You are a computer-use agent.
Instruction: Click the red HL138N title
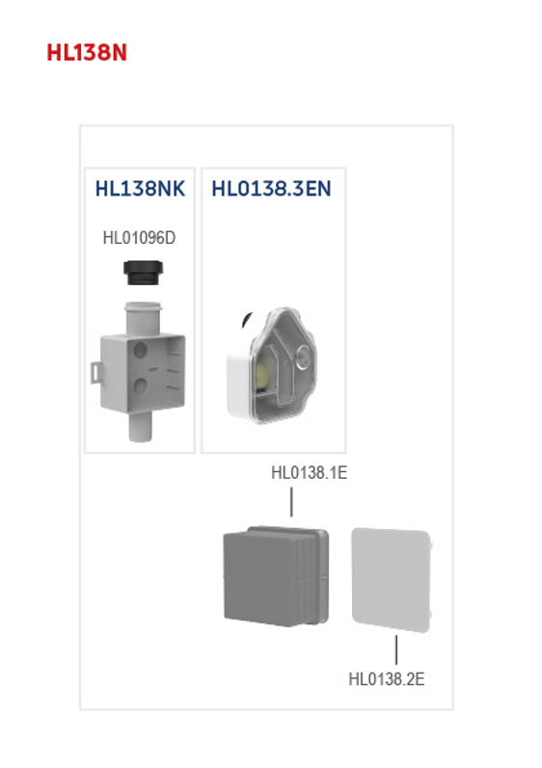point(87,52)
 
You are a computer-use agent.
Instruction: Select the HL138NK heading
point(140,188)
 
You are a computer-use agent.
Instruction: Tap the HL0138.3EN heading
point(271,188)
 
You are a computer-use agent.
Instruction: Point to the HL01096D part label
point(140,237)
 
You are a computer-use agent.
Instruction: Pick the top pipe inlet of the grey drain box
point(141,316)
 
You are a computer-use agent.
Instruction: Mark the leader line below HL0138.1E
point(291,502)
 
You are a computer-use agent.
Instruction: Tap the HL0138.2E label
point(386,679)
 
